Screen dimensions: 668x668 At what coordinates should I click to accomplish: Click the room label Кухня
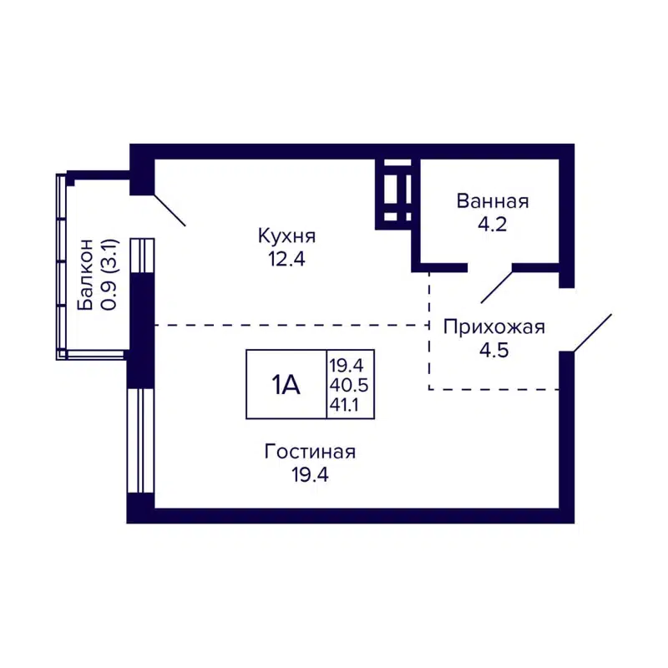click(x=287, y=235)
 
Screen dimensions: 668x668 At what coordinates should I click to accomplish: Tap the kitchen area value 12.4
click(x=287, y=258)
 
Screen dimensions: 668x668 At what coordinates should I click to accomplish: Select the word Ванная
click(x=493, y=201)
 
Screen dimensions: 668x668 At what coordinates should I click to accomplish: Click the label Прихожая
click(x=493, y=326)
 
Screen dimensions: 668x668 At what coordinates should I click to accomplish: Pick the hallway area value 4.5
click(x=493, y=349)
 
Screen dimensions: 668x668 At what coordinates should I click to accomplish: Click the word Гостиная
click(x=310, y=452)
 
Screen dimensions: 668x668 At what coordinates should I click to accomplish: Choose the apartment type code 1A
click(x=285, y=384)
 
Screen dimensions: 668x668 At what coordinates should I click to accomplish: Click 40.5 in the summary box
click(x=349, y=385)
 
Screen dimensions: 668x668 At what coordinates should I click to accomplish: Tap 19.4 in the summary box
click(x=349, y=364)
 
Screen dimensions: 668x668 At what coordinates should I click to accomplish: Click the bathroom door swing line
click(x=496, y=285)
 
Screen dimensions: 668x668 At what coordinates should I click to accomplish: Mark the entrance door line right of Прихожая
click(x=590, y=332)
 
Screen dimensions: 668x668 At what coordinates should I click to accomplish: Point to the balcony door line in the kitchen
click(x=170, y=210)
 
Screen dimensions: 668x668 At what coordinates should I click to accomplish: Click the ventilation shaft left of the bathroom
click(x=396, y=193)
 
